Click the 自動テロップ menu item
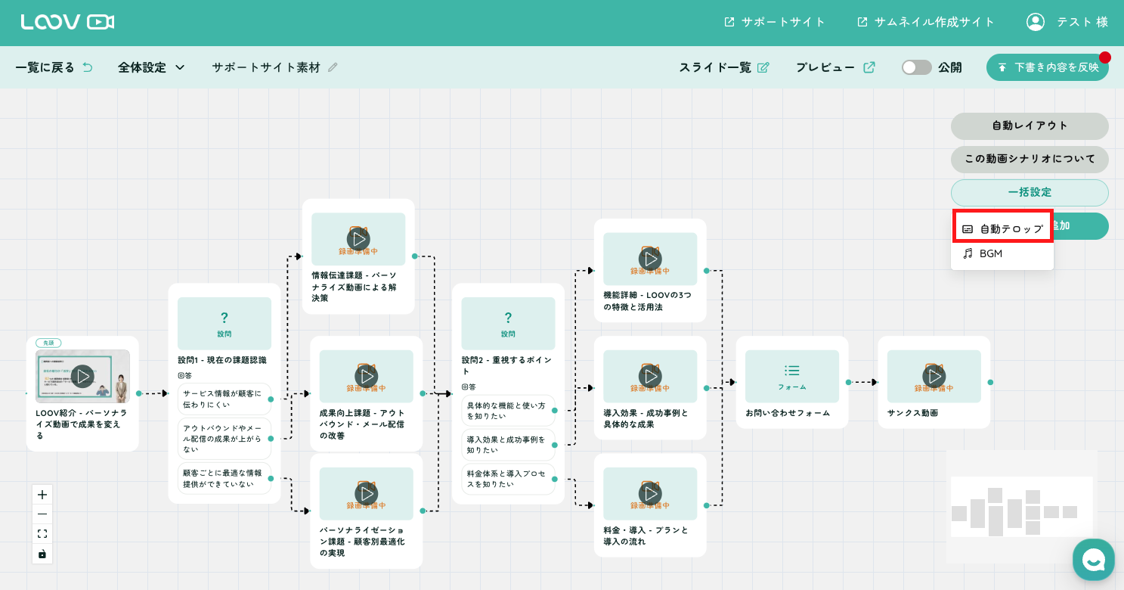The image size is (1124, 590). pyautogui.click(x=1002, y=228)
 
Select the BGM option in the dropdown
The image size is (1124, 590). pyautogui.click(x=990, y=254)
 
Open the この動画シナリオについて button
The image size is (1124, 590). pyautogui.click(x=1030, y=159)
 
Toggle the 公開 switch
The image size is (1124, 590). pyautogui.click(x=917, y=67)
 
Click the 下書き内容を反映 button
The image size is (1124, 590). pyautogui.click(x=1047, y=67)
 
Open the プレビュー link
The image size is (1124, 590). pyautogui.click(x=834, y=67)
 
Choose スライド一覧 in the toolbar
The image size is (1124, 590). pyautogui.click(x=723, y=67)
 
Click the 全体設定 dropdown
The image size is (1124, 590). pyautogui.click(x=151, y=67)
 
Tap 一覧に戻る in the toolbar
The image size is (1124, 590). pyautogui.click(x=54, y=67)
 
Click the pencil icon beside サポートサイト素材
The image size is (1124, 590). pyautogui.click(x=333, y=67)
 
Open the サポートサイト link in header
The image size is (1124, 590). pyautogui.click(x=775, y=22)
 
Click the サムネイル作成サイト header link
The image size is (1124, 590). pyautogui.click(x=926, y=22)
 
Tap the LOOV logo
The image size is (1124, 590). pyautogui.click(x=67, y=22)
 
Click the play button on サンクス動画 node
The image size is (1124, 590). pyautogui.click(x=934, y=376)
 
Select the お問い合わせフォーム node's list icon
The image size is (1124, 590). pyautogui.click(x=792, y=371)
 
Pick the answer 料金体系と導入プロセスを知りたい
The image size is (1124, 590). pyautogui.click(x=507, y=479)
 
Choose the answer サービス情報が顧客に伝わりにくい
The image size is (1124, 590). pyautogui.click(x=224, y=399)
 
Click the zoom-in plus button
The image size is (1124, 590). pyautogui.click(x=42, y=495)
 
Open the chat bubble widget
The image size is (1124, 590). pyautogui.click(x=1093, y=560)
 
